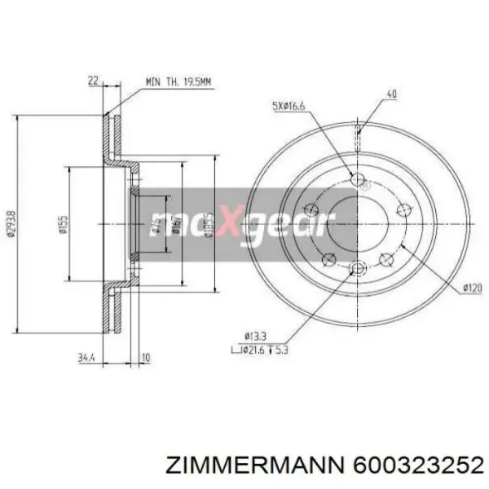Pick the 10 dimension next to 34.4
[x=144, y=356]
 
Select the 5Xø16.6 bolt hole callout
[x=288, y=105]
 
